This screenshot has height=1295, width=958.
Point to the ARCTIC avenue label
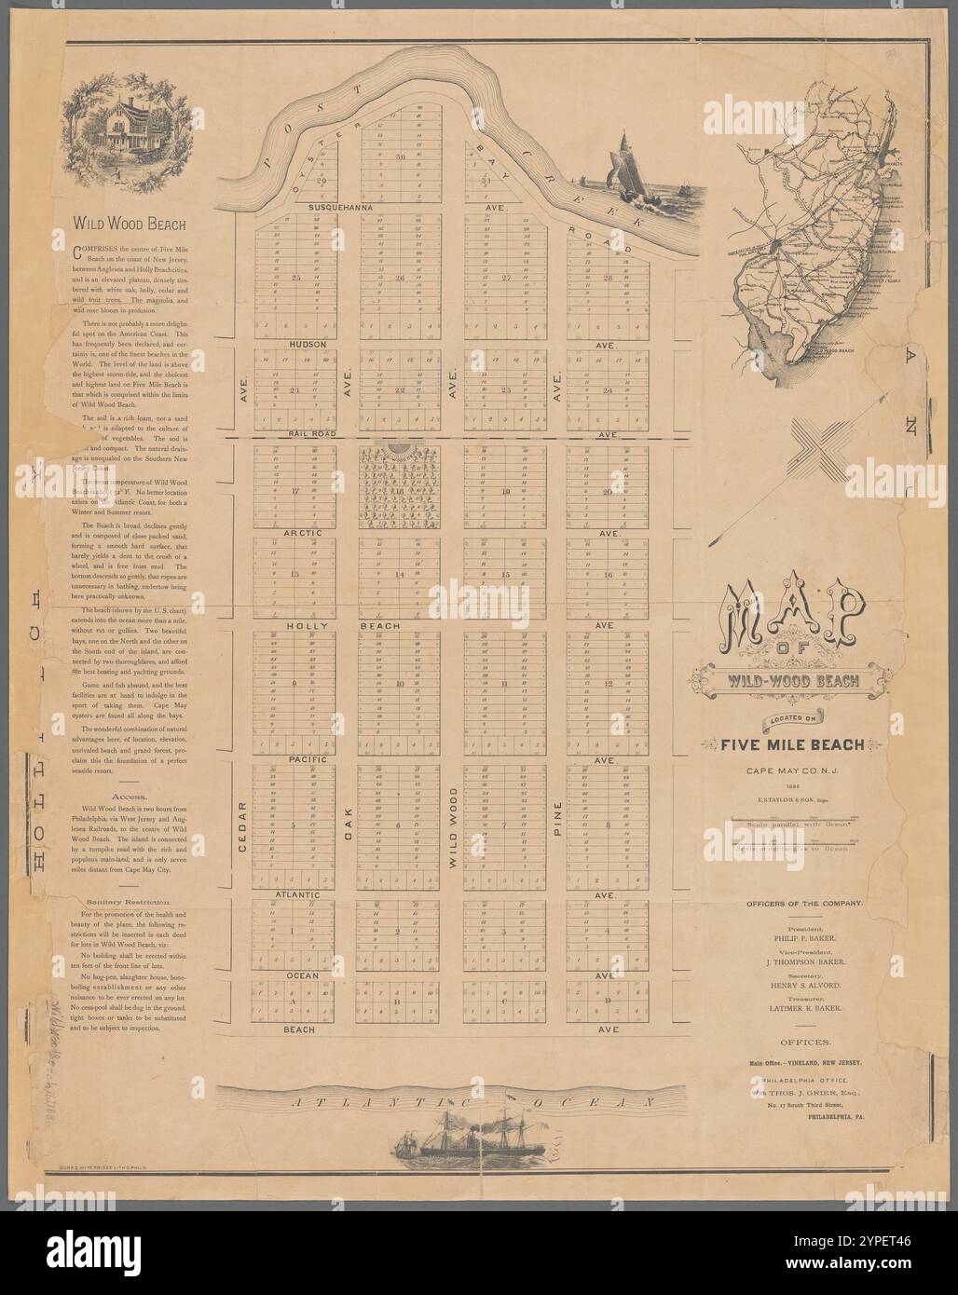(x=301, y=533)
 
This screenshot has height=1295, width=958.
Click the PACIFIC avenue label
(x=299, y=761)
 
